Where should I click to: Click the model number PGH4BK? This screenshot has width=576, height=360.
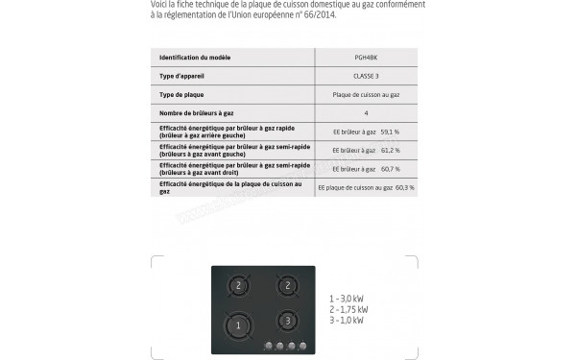[x=366, y=57]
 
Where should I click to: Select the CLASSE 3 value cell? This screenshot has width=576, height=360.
[x=366, y=75]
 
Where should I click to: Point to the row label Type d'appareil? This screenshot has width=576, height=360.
[x=181, y=75]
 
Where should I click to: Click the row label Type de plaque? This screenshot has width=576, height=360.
[x=180, y=94]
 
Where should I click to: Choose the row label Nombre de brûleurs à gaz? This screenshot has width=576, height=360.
[x=198, y=113]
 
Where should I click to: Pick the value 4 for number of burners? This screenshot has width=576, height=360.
[x=366, y=113]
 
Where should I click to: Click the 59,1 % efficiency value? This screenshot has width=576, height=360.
[x=390, y=132]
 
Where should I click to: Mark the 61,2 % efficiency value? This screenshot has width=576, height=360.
[x=390, y=151]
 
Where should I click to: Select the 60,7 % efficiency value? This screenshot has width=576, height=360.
[x=390, y=169]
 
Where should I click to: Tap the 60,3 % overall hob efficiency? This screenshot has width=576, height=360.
[x=404, y=187]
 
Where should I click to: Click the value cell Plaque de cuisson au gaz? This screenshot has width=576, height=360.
[x=366, y=94]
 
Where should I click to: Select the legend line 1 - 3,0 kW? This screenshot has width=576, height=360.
[x=346, y=299]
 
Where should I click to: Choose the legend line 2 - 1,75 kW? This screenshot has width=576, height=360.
[x=348, y=309]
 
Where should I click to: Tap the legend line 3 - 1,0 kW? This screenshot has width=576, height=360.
[x=346, y=320]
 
